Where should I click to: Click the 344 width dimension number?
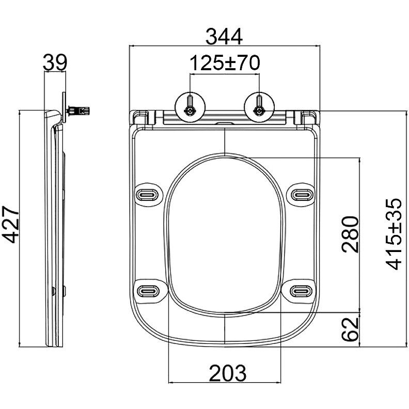pyautogui.click(x=224, y=37)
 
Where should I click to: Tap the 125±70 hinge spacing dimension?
pyautogui.click(x=225, y=63)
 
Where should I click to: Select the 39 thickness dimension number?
pyautogui.click(x=55, y=62)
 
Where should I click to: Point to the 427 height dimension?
pyautogui.click(x=11, y=224)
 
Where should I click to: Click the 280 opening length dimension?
pyautogui.click(x=350, y=234)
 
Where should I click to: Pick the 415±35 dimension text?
pyautogui.click(x=394, y=234)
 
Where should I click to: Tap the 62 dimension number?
pyautogui.click(x=350, y=329)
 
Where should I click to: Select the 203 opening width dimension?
pyautogui.click(x=227, y=373)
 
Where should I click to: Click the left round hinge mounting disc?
pyautogui.click(x=190, y=107)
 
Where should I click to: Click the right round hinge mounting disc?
pyautogui.click(x=259, y=107)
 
